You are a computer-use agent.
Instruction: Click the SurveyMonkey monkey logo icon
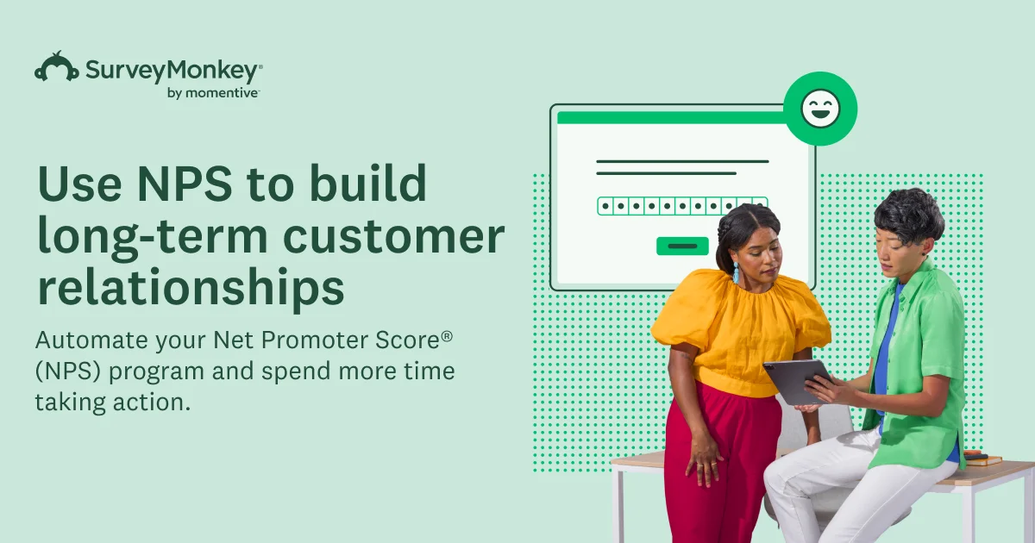tap(56, 66)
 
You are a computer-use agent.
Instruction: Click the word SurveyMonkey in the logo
tap(172, 71)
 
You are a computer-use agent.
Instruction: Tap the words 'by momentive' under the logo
tap(212, 93)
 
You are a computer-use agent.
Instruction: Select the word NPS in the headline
tap(185, 184)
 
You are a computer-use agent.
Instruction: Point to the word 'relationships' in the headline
tap(191, 287)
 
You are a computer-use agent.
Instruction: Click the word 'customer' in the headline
tap(393, 236)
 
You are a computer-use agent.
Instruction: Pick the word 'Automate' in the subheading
tap(91, 340)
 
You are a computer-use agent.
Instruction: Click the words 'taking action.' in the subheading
tap(113, 402)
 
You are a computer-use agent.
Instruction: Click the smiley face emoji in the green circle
tap(820, 108)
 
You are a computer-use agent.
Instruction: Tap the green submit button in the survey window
tap(682, 247)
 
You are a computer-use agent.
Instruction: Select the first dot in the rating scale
tap(605, 206)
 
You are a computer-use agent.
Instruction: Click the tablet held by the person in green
tap(795, 382)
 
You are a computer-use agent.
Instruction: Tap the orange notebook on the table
tap(984, 460)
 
